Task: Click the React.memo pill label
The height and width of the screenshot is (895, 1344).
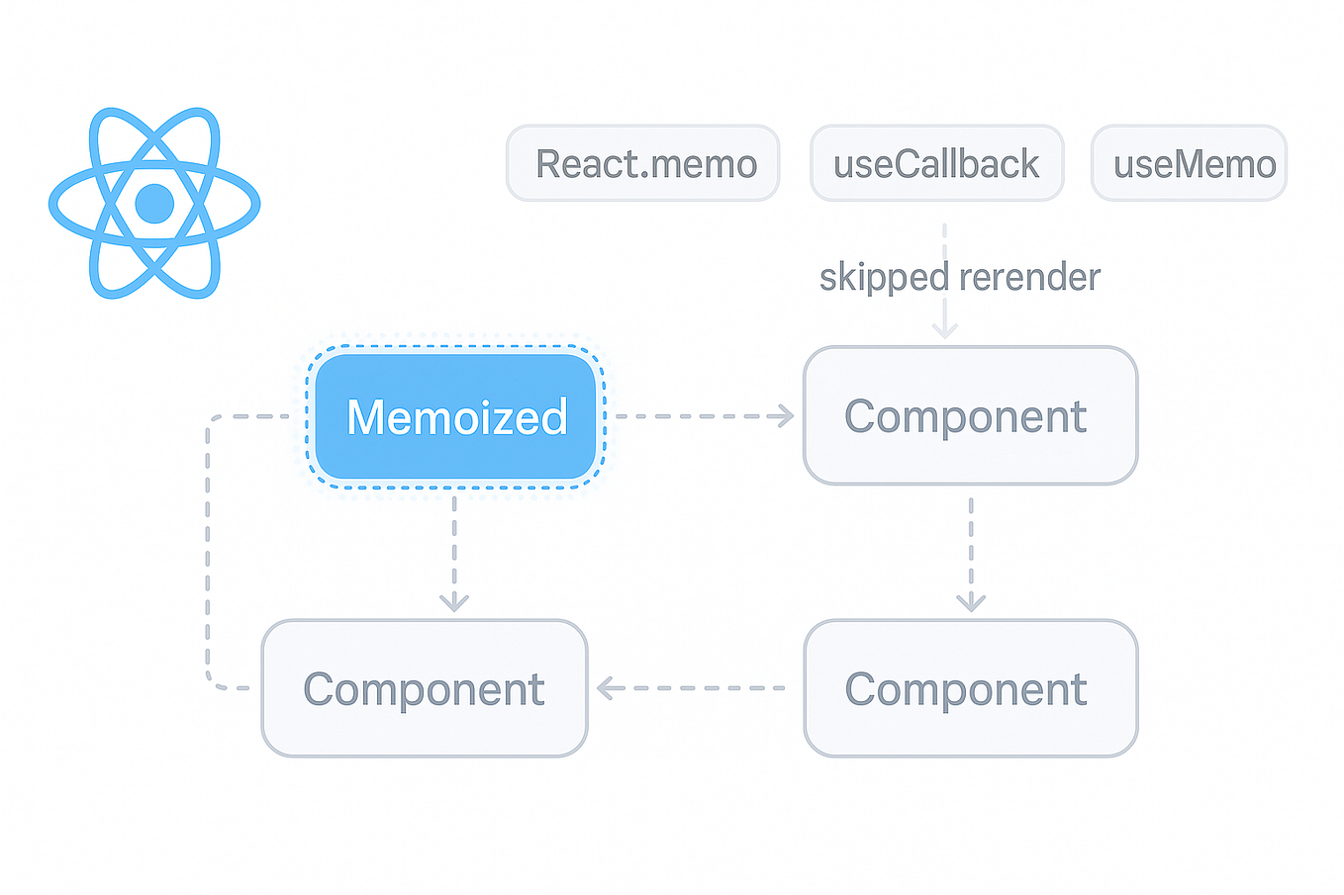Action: (644, 164)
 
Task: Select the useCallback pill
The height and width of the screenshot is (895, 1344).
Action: (936, 164)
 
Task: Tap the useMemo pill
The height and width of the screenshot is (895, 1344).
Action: (1189, 164)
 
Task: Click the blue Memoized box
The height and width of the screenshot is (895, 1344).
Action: (455, 416)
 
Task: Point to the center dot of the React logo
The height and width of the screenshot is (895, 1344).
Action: (154, 204)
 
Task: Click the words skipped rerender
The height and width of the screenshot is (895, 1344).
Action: (959, 277)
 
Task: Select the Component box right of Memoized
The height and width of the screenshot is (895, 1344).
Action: (970, 416)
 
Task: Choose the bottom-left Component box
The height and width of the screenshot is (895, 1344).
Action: (424, 688)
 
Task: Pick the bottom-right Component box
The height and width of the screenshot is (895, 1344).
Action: (970, 688)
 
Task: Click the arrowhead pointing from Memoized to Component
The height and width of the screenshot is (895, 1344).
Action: (786, 416)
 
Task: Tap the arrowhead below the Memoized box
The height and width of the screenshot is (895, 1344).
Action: (454, 601)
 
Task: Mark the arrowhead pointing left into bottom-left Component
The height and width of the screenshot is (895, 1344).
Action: (606, 687)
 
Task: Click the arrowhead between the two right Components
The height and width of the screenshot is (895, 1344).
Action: (971, 601)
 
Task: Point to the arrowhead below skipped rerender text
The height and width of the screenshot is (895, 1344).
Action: (944, 330)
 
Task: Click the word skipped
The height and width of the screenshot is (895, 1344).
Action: (884, 277)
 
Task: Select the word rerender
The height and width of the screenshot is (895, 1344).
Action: (1029, 277)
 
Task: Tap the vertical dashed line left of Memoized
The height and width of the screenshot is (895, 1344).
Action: (208, 544)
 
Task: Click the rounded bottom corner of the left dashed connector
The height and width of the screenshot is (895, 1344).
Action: (212, 681)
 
